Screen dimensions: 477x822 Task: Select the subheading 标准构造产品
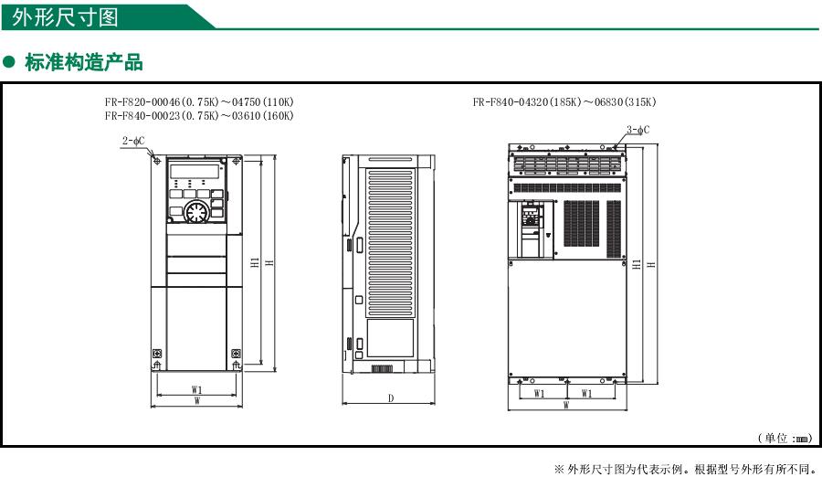pos(84,62)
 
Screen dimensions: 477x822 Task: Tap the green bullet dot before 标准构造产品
pos(10,62)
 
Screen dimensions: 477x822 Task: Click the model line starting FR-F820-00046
pos(198,101)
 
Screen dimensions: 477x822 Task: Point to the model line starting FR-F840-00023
pos(198,116)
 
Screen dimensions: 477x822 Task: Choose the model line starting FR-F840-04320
pos(564,101)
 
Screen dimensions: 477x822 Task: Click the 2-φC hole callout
pos(133,141)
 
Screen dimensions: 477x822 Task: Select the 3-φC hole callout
pos(638,130)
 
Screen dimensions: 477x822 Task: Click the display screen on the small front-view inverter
pos(195,170)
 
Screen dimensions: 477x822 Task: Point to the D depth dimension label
pos(390,398)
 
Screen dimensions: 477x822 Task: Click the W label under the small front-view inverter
pos(196,399)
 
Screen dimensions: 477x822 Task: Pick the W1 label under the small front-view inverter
pos(196,389)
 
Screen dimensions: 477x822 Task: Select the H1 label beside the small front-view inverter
pos(255,263)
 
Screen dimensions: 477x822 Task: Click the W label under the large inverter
pos(566,405)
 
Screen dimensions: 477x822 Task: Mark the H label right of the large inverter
pos(649,264)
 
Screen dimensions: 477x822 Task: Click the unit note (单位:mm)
pos(784,439)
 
